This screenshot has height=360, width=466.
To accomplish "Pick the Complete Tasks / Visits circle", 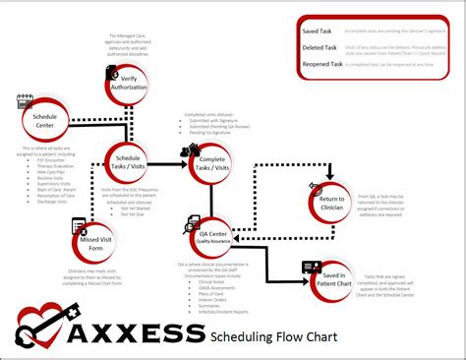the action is (x=209, y=163).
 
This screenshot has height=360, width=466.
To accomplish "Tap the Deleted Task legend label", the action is (x=320, y=47).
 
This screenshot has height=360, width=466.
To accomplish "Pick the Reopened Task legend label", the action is (x=323, y=64).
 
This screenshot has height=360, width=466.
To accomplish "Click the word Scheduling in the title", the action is (x=245, y=339).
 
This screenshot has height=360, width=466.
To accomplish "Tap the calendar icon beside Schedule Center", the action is (x=27, y=101).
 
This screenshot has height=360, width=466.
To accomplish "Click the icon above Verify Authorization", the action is (x=111, y=73).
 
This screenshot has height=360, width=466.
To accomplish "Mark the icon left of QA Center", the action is (x=191, y=224).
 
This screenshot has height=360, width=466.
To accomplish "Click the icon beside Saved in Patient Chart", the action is (x=312, y=268).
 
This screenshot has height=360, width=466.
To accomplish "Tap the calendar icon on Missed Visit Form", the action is (x=79, y=225).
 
